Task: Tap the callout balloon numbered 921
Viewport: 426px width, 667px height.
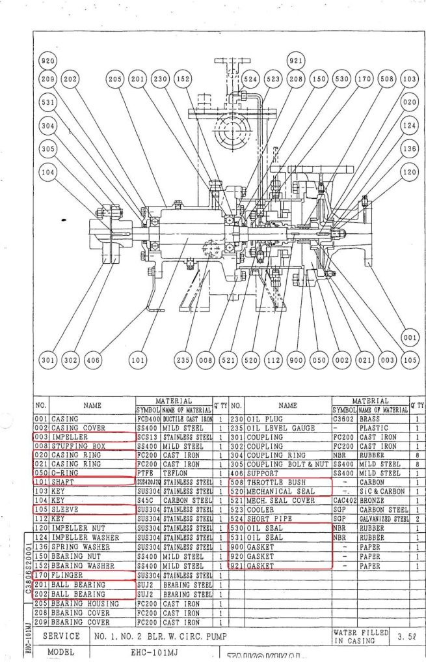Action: click(x=295, y=61)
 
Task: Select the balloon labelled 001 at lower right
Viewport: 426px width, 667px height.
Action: click(x=409, y=338)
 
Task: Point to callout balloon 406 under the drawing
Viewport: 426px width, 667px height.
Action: click(x=93, y=359)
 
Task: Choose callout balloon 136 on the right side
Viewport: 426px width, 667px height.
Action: click(x=409, y=149)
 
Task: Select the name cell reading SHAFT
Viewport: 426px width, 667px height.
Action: click(x=64, y=483)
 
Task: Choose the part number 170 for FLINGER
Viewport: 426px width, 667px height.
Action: click(x=42, y=576)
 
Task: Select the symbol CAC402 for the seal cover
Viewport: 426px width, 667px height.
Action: click(x=344, y=500)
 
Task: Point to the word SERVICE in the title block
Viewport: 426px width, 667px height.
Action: click(x=61, y=636)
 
